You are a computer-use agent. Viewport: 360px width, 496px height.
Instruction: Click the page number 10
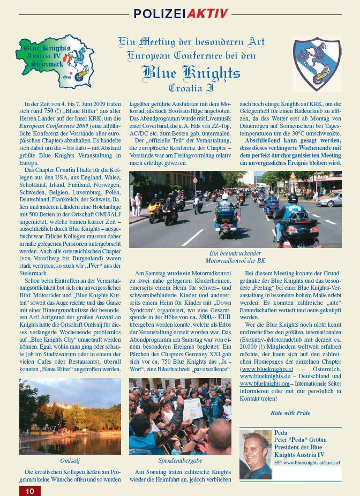pos(29,491)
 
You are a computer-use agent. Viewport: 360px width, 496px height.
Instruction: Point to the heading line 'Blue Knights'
pos(191,72)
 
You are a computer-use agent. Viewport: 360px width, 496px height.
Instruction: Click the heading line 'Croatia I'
pos(191,87)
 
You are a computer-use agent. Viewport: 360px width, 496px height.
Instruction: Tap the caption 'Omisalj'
pos(70,460)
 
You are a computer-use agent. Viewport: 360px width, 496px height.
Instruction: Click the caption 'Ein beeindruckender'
pos(235,253)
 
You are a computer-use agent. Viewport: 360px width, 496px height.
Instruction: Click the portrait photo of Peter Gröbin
pos(255,454)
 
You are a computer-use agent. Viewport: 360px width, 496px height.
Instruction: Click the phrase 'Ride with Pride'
pos(290,413)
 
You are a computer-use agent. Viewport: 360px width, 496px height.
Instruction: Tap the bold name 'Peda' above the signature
pos(281,433)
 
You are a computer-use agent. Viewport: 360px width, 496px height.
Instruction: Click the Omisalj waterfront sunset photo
pos(70,417)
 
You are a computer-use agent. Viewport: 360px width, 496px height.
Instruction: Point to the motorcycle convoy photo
pos(235,209)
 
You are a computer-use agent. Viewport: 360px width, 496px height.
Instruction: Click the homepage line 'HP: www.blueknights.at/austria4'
pos(307,462)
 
